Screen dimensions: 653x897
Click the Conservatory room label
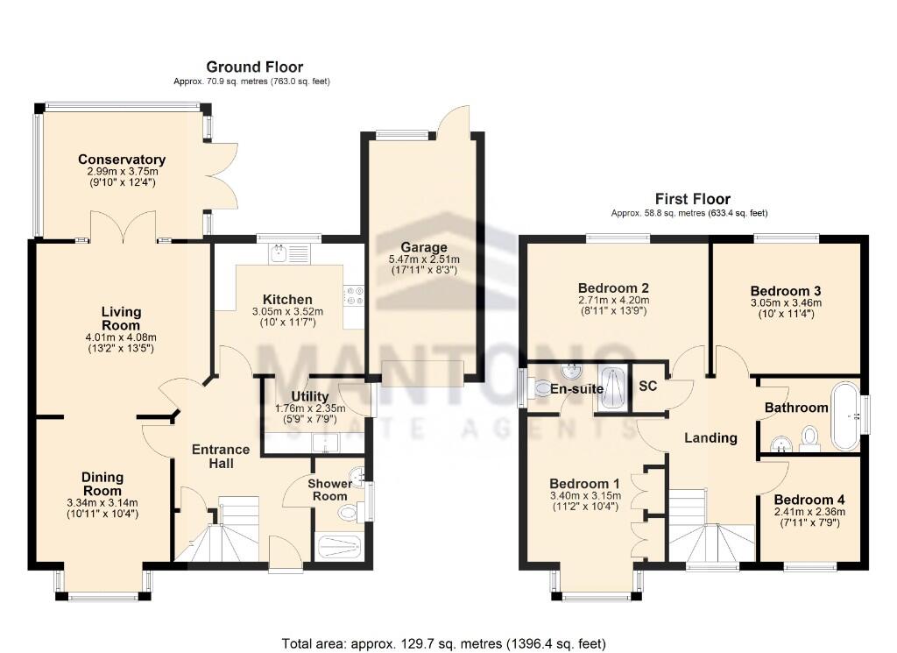tap(122, 160)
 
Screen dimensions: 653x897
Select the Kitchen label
tap(276, 300)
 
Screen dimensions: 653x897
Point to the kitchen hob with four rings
tap(355, 297)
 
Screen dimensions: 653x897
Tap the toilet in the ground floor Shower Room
tap(350, 512)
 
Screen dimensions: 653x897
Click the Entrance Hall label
tap(221, 456)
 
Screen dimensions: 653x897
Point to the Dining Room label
tap(102, 484)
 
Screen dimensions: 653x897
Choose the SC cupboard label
tap(648, 387)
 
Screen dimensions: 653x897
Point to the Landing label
tap(710, 437)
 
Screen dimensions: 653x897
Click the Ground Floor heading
tap(254, 67)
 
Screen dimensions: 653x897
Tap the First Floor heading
tap(693, 199)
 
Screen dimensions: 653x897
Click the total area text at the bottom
tap(443, 643)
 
